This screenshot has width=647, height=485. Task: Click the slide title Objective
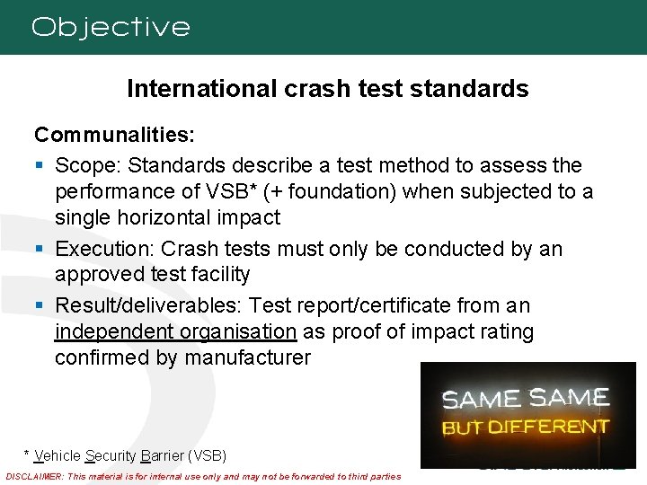(x=111, y=27)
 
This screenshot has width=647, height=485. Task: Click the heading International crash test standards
(x=327, y=89)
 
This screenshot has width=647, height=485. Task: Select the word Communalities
(x=110, y=136)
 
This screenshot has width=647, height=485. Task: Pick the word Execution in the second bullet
(x=101, y=249)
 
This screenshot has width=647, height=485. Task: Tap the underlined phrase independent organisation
(x=175, y=332)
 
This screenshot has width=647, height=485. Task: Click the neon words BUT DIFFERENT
(x=526, y=426)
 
